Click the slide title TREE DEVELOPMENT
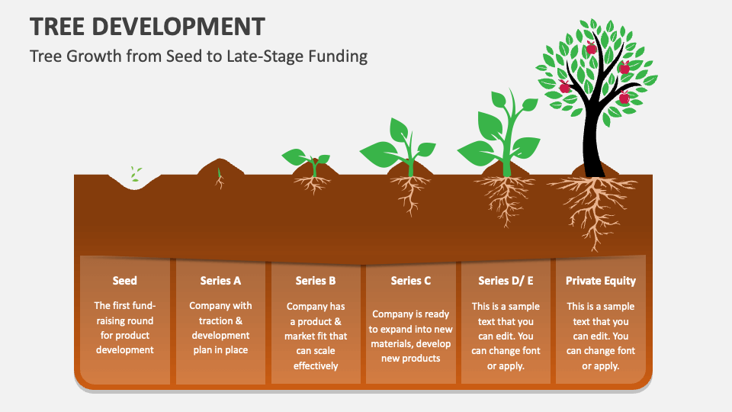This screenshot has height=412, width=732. (x=147, y=27)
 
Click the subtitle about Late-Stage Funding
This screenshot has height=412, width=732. (x=198, y=56)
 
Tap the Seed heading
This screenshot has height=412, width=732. (x=124, y=281)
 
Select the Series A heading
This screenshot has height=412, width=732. (x=220, y=281)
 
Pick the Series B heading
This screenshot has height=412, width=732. (x=316, y=281)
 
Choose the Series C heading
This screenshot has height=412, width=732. (x=411, y=281)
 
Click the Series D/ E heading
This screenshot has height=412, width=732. (x=506, y=281)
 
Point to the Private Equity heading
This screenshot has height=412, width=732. (x=600, y=281)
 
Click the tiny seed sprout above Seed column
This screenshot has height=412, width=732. (x=135, y=174)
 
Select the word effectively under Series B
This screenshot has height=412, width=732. (x=316, y=365)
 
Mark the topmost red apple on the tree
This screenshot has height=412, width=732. (x=624, y=69)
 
